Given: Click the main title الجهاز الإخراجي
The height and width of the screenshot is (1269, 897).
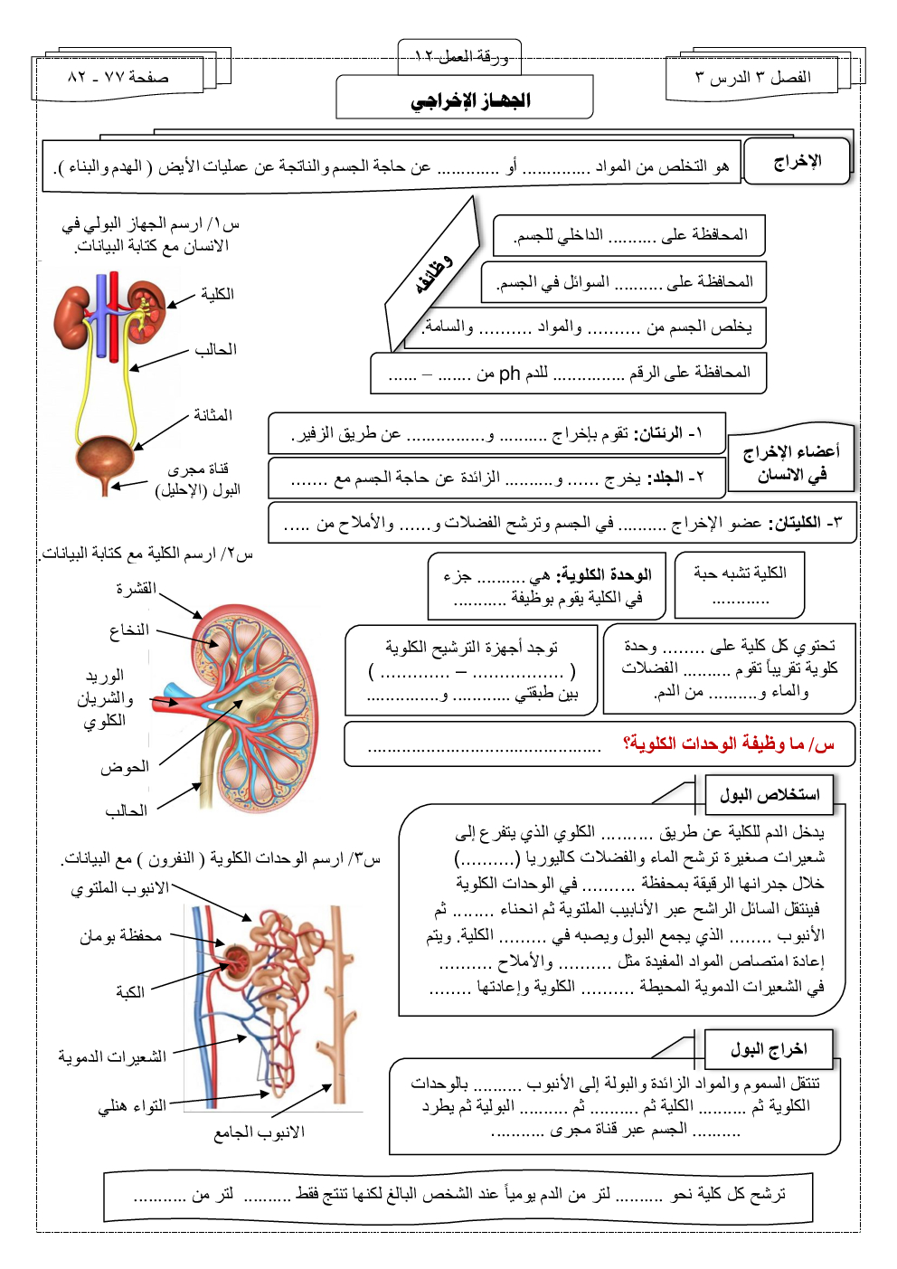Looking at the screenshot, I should click(x=470, y=100).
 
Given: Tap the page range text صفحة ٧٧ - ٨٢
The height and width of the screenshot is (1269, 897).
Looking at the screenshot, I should click(x=118, y=77).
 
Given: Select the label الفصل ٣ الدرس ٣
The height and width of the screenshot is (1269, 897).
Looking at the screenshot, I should click(x=752, y=77).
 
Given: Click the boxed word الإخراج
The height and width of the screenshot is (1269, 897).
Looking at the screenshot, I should click(x=797, y=162).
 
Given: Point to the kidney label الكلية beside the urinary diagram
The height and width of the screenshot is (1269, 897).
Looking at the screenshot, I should click(x=217, y=294).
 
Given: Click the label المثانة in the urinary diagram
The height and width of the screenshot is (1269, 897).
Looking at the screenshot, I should click(x=212, y=415).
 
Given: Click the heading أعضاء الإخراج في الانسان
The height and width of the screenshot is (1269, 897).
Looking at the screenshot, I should click(x=790, y=463).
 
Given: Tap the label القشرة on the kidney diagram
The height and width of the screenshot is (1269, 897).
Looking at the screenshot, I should click(x=136, y=589).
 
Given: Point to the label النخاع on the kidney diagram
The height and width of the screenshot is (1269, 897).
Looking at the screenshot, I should click(x=128, y=630).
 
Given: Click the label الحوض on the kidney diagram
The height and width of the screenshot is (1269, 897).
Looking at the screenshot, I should click(x=125, y=767).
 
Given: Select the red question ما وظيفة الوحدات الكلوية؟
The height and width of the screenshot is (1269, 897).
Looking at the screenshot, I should click(x=728, y=743).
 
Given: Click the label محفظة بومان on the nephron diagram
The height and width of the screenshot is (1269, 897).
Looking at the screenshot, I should click(x=120, y=936).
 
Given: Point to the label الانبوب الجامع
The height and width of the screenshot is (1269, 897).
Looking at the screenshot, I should click(x=259, y=1132).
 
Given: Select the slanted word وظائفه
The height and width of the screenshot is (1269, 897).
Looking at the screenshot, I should click(x=433, y=275).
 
